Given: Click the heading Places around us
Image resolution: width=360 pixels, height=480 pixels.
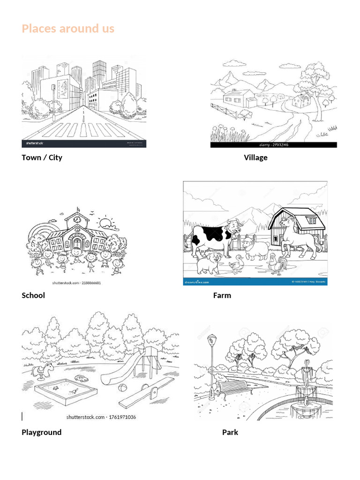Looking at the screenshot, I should [68, 29].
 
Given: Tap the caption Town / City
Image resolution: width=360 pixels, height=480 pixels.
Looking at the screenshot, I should [42, 157].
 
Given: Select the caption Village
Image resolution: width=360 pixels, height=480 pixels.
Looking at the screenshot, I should [255, 157].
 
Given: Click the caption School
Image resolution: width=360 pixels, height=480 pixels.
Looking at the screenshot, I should [33, 295].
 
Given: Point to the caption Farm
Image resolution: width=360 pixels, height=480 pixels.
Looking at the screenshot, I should [222, 295].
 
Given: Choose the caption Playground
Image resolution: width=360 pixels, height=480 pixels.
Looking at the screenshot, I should [41, 432].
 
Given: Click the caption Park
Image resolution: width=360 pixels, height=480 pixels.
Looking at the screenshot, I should [230, 432].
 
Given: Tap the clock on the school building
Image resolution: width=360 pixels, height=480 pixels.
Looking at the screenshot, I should [75, 218].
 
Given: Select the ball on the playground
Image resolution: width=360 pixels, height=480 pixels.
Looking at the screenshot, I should [122, 388].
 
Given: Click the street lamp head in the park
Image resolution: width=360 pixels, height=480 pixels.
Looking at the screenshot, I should [212, 338].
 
